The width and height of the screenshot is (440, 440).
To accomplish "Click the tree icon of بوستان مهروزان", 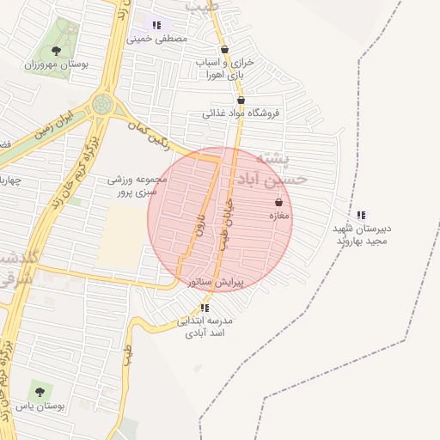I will (x=57, y=52).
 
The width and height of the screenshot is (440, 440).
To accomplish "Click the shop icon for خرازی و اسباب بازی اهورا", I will (x=224, y=50).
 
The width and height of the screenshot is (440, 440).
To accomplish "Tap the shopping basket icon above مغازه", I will (x=278, y=203).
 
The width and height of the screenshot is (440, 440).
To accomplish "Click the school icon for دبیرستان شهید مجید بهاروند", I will (x=362, y=215).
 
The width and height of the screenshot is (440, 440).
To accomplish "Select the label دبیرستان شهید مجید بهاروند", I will (x=362, y=235).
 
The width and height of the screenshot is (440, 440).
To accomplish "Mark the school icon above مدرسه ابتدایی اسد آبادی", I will (x=205, y=308).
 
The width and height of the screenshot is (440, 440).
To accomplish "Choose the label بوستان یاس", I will (x=41, y=406).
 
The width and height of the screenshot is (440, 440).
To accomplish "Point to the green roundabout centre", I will (x=103, y=105).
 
